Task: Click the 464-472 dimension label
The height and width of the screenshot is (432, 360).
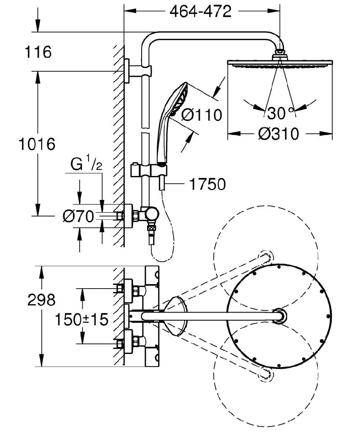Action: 201,11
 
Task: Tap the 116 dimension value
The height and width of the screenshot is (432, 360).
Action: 38,52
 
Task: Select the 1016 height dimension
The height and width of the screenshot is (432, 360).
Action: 37,145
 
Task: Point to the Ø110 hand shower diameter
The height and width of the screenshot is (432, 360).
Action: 201,114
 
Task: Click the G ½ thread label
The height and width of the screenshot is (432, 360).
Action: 86,165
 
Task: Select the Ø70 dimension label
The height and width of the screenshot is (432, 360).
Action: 78,217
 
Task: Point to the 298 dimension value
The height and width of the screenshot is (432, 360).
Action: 41,300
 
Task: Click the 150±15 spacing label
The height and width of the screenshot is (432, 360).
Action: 81,319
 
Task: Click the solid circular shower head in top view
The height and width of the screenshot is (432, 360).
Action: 279,316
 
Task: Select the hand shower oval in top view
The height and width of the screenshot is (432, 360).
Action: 177,316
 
